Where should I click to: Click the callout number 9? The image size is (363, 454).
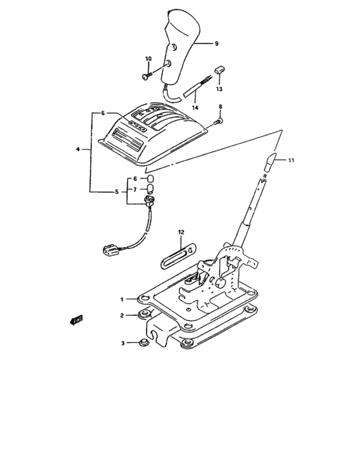click(217, 43)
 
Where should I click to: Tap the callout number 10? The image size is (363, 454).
click(148, 59)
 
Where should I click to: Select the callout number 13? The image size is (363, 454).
click(219, 88)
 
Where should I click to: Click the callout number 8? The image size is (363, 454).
click(220, 106)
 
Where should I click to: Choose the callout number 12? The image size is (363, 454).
click(181, 232)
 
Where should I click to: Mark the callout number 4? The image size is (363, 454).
click(78, 150)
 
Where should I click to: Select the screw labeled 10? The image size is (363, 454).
click(146, 77)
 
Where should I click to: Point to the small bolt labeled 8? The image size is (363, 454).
click(219, 121)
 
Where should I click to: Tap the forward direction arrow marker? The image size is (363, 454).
click(76, 320)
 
